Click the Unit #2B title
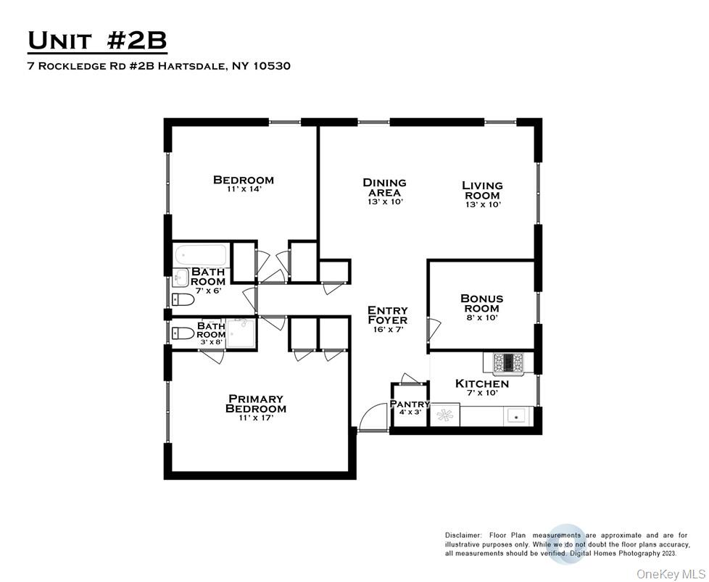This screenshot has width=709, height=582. point(97,41)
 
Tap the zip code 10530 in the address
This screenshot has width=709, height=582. point(272,66)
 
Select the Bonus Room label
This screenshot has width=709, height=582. point(481,304)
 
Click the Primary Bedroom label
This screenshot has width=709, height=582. point(255,404)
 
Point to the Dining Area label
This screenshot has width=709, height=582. point(384,188)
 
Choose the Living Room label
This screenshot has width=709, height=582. point(482,191)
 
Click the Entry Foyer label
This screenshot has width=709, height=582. point(388,315)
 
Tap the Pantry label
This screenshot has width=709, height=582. point(410,404)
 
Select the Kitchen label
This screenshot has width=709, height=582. point(481,384)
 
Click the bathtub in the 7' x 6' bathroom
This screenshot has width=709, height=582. point(201,256)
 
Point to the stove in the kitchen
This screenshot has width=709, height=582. point(507,362)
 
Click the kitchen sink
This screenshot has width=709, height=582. point(516,415)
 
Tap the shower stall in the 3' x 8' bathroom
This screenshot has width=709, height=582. point(241,333)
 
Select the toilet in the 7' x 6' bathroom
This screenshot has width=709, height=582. point(183,299)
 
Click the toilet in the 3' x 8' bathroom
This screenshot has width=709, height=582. point(183,333)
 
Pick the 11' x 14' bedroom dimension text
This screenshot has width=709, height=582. point(244,189)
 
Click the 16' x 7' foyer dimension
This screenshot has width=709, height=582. point(388,330)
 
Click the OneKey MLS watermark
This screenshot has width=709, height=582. point(670,574)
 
